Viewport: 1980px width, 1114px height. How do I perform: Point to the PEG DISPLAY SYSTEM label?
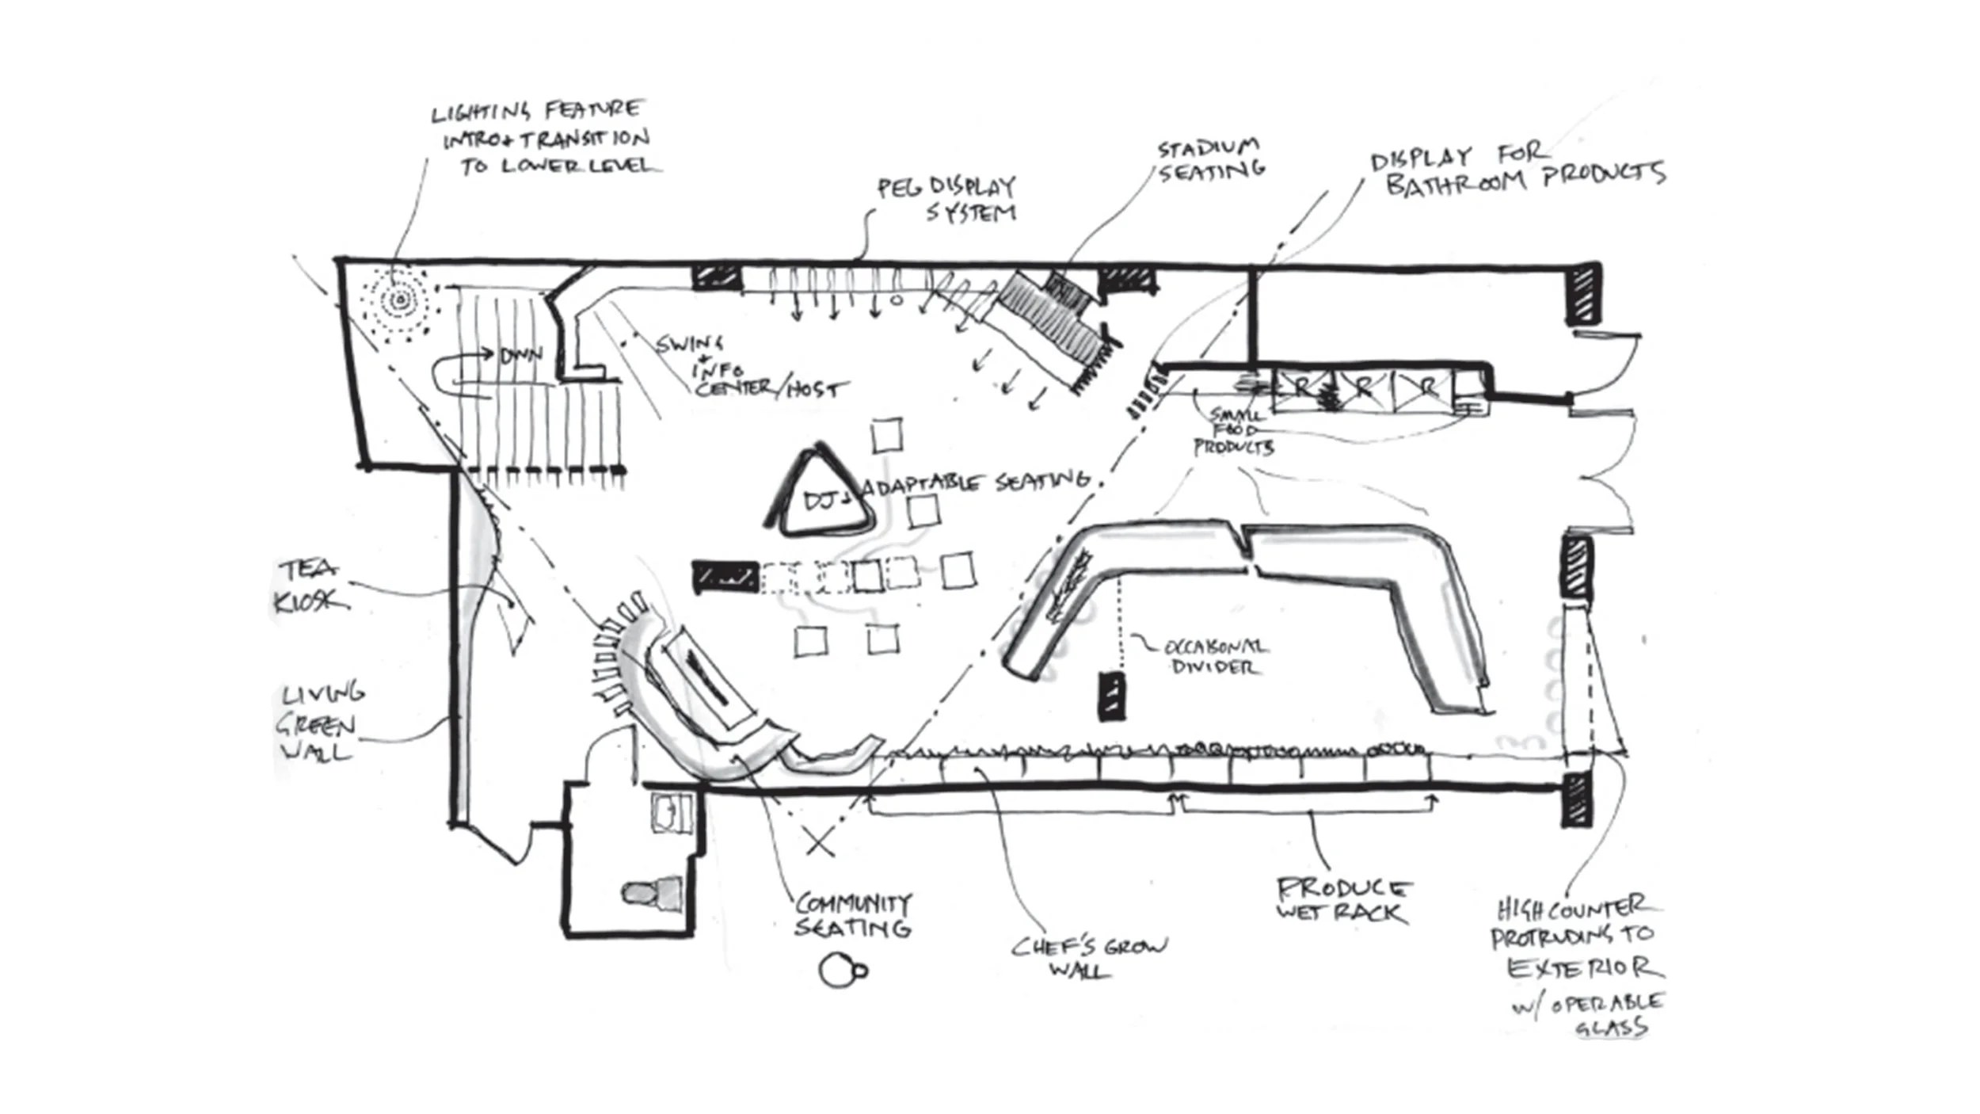(x=947, y=200)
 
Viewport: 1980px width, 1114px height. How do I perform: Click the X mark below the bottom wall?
(x=820, y=842)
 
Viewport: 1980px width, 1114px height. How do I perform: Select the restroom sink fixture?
(x=670, y=813)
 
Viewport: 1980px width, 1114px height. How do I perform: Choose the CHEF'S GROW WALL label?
(x=1088, y=957)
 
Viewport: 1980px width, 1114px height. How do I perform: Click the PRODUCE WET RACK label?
(x=1342, y=899)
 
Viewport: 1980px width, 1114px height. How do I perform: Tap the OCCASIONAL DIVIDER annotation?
(x=1213, y=657)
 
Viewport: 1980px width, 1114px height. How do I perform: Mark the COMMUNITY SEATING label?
(x=852, y=914)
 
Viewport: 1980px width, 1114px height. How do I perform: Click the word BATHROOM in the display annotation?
(x=1456, y=185)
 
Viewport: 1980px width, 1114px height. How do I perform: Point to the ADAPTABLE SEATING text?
(x=976, y=483)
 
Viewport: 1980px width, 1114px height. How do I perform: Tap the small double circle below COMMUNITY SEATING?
(x=841, y=971)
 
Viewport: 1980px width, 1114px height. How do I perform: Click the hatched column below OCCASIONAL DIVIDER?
(x=1111, y=696)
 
